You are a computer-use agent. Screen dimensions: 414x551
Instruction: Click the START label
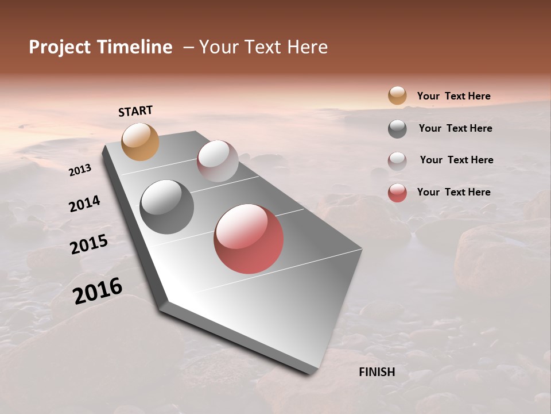point(135,111)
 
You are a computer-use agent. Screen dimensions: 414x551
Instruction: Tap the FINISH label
point(377,372)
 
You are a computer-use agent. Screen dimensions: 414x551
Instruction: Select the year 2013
point(80,170)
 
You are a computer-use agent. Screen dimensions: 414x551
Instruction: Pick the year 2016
point(98,291)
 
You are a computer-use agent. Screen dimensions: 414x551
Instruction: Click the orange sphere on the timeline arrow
point(140,141)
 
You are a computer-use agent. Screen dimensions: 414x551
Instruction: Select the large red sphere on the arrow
point(249,239)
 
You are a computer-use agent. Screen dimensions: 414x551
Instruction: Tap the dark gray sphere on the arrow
point(166,207)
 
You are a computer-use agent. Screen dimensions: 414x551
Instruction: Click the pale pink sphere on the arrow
point(218,161)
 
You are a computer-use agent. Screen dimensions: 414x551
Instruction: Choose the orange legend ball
point(397,96)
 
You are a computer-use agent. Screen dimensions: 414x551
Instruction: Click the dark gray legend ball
point(397,129)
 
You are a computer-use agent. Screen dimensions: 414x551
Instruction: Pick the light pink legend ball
point(397,161)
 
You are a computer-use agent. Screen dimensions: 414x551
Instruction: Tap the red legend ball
point(397,193)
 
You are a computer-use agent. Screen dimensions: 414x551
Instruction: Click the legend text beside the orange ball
point(453,96)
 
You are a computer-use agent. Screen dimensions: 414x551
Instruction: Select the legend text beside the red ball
point(453,192)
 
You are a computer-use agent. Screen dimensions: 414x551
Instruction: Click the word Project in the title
point(60,47)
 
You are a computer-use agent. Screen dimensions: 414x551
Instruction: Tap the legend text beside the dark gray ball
point(455,128)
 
